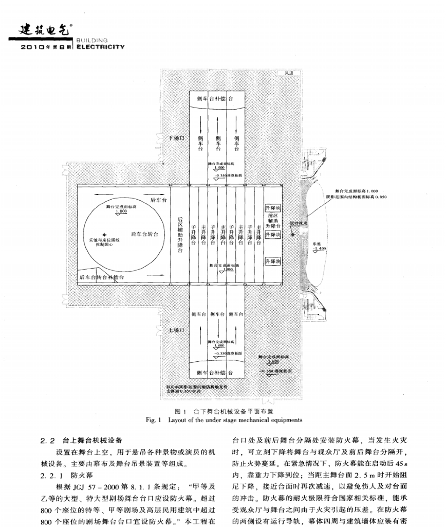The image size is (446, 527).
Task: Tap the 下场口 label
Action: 177,138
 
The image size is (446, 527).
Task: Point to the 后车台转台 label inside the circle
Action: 144,234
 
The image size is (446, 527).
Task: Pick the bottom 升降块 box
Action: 272,262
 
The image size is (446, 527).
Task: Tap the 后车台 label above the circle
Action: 157,199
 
